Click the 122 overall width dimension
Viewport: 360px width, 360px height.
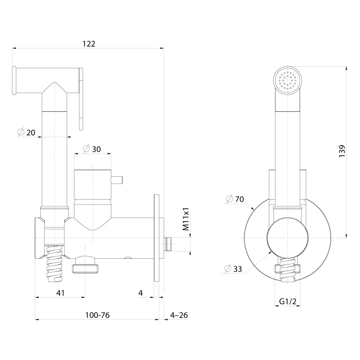click(89, 44)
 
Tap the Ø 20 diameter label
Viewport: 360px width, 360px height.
click(26, 132)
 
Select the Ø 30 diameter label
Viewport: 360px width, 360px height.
click(92, 149)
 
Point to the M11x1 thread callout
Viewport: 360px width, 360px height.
click(185, 219)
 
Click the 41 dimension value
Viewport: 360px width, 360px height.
click(60, 293)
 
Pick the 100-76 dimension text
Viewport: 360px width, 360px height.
click(97, 315)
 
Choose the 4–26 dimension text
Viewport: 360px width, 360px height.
click(179, 315)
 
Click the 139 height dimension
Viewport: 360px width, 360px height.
click(342, 151)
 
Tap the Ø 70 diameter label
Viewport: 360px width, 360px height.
click(235, 199)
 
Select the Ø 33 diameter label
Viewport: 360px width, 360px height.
click(233, 269)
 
